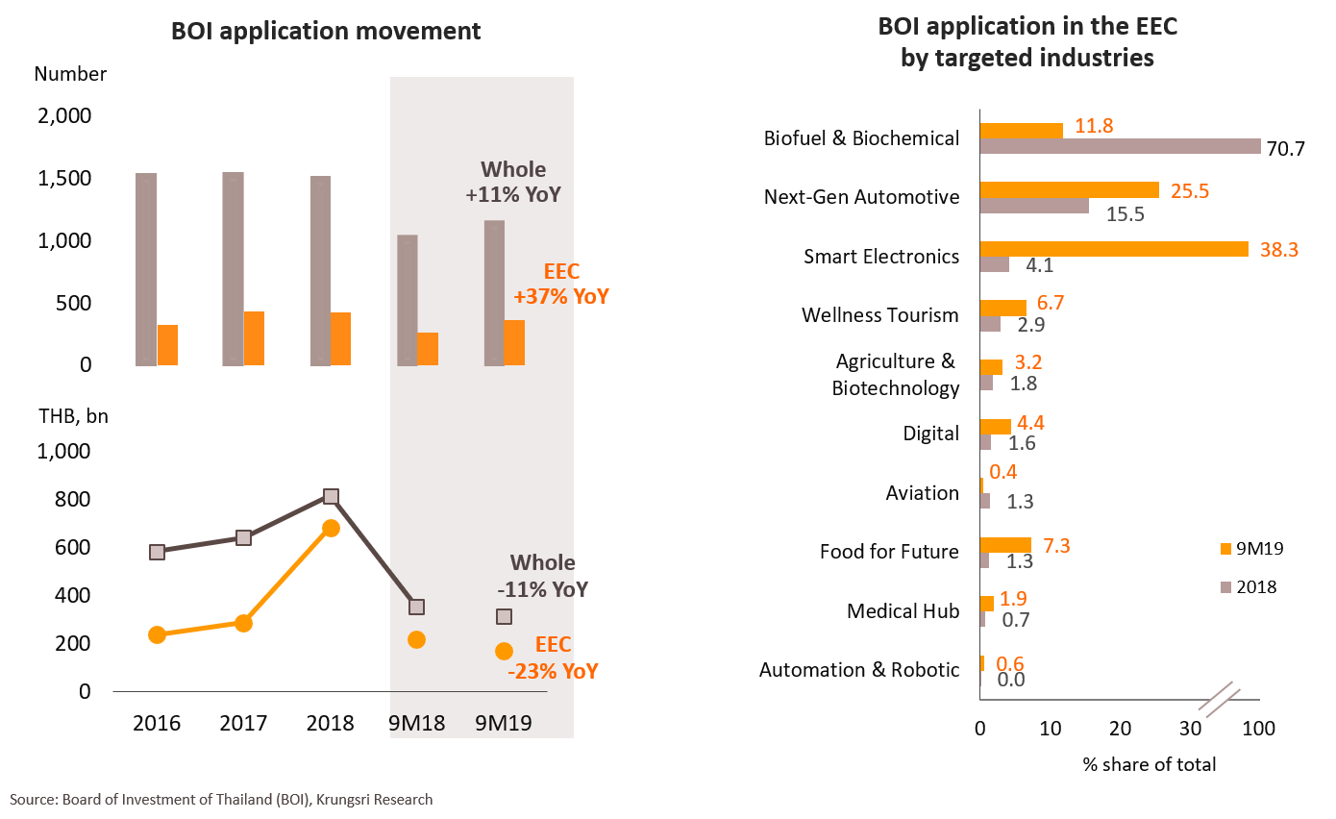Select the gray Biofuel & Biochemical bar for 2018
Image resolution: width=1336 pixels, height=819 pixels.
coord(1120,146)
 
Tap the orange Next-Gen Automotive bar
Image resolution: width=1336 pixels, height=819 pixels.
coord(1069,190)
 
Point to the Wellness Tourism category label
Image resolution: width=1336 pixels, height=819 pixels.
coord(879,315)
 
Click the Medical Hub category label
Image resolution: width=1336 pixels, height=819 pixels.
coord(903,610)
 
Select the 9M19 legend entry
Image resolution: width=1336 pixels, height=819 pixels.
coord(1251,549)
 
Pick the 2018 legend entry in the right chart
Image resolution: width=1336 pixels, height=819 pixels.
coord(1251,586)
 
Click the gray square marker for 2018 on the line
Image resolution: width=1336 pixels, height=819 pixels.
coord(331,496)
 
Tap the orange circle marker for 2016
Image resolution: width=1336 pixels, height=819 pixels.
coord(158,634)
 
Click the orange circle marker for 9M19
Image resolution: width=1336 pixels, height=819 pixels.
coord(504,651)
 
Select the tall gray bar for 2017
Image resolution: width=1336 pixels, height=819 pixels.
coord(233,269)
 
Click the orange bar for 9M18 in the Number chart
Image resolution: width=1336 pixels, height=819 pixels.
coord(428,349)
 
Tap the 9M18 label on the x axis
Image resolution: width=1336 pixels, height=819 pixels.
coord(417,723)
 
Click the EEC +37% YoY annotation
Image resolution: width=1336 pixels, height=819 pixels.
coord(561,285)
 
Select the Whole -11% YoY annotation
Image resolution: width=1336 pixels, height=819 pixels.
coord(547,576)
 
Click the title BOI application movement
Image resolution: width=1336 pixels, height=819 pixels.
coord(325,31)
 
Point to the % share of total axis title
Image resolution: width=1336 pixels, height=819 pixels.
coord(1150,765)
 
